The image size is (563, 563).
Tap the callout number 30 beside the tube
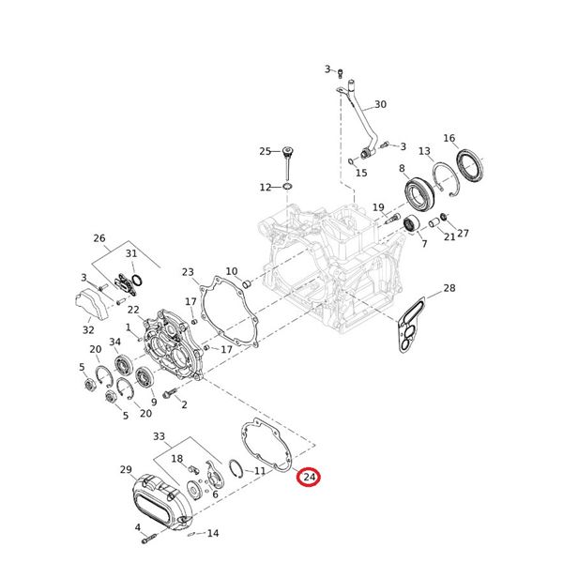[x=380, y=104]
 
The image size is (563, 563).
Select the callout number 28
[x=449, y=287]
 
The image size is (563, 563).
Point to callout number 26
[x=99, y=238]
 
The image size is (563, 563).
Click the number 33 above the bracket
[x=159, y=436]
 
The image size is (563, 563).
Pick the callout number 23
[x=189, y=273]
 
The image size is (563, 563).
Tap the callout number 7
[x=423, y=244]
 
